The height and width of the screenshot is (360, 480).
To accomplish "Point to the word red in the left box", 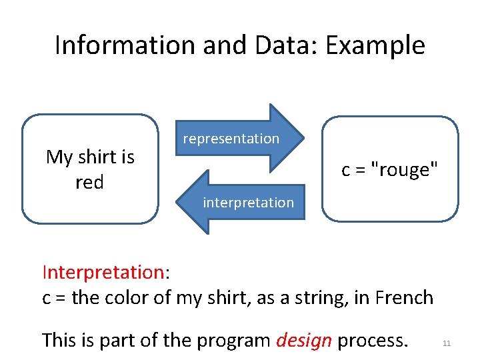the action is (89, 182).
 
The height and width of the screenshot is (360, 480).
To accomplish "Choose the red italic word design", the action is (303, 340).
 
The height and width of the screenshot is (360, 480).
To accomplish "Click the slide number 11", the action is (447, 343).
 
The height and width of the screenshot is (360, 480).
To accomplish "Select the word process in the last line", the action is (372, 340).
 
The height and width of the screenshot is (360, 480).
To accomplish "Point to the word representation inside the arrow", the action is (231, 139).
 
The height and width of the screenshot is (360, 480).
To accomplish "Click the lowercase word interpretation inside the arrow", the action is (248, 202).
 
